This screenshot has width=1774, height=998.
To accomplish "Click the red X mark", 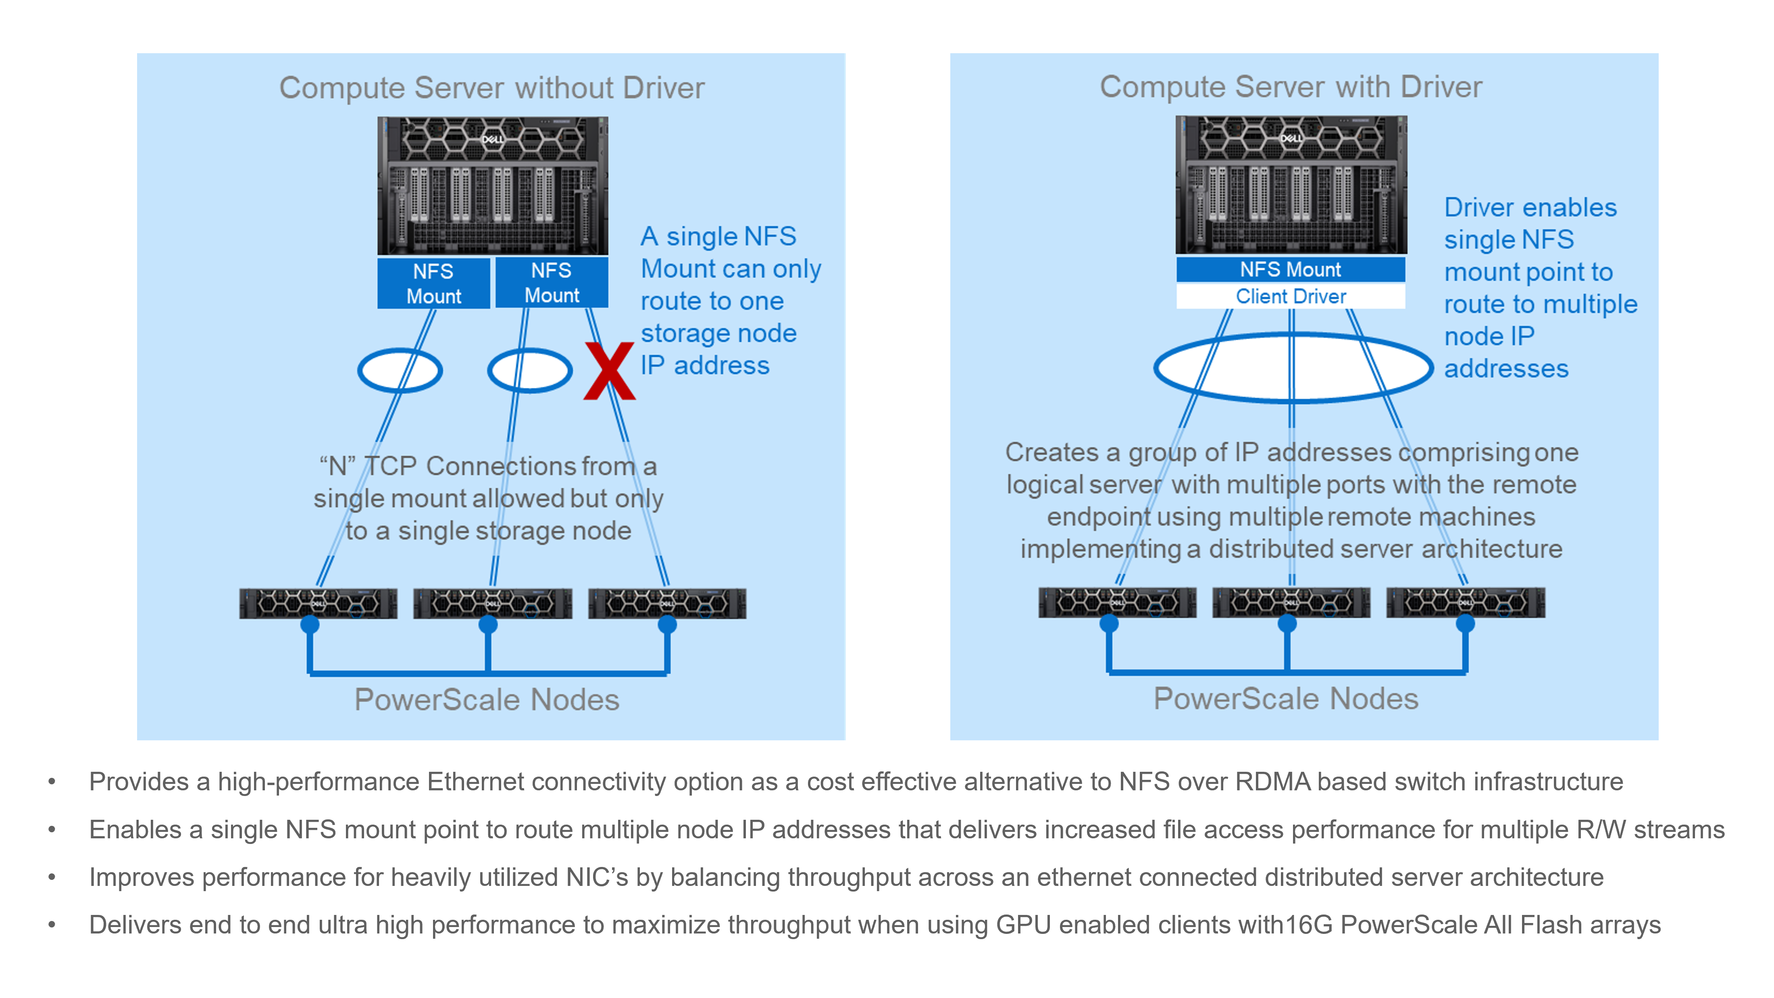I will click(609, 371).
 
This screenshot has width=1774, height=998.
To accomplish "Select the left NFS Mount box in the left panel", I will click(433, 283).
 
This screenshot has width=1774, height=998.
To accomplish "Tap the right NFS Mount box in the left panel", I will click(552, 282).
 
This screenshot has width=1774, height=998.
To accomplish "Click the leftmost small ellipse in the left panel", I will click(400, 371).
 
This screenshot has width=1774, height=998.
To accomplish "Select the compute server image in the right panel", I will click(1291, 185).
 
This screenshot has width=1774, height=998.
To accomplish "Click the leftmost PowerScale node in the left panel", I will click(318, 603).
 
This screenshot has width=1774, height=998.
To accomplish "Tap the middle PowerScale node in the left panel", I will click(492, 603).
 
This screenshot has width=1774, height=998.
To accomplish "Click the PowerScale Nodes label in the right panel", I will click(1286, 698).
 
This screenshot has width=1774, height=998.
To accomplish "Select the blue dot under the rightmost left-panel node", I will click(666, 625).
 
